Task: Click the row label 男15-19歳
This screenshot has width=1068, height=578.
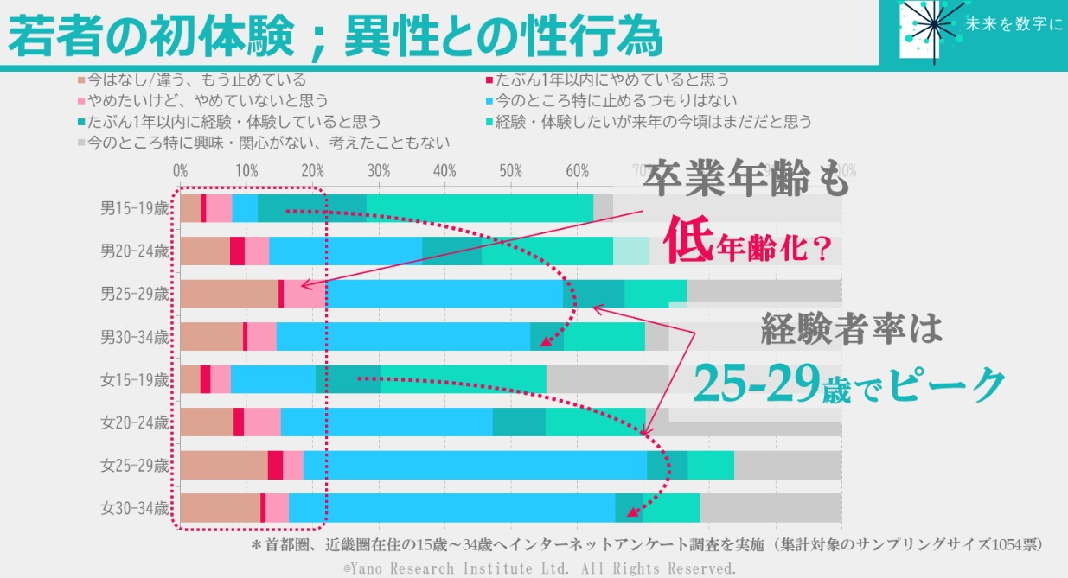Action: click(x=134, y=208)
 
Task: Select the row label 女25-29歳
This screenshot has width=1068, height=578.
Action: click(x=134, y=465)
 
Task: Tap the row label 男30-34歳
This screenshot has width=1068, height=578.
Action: click(x=134, y=337)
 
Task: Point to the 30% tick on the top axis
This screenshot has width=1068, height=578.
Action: click(x=378, y=169)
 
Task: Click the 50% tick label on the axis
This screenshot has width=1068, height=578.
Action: click(x=510, y=169)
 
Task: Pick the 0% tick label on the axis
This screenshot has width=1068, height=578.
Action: click(x=181, y=169)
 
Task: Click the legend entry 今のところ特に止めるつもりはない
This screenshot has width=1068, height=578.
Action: click(x=616, y=101)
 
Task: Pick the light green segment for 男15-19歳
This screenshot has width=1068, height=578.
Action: click(x=479, y=208)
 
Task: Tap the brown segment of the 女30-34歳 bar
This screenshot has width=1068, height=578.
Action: click(x=220, y=508)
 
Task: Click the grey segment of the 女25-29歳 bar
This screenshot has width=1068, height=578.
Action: click(x=787, y=465)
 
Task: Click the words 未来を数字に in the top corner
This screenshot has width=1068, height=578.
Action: click(x=1013, y=26)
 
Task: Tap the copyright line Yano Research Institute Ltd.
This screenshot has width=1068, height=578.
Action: click(x=540, y=568)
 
